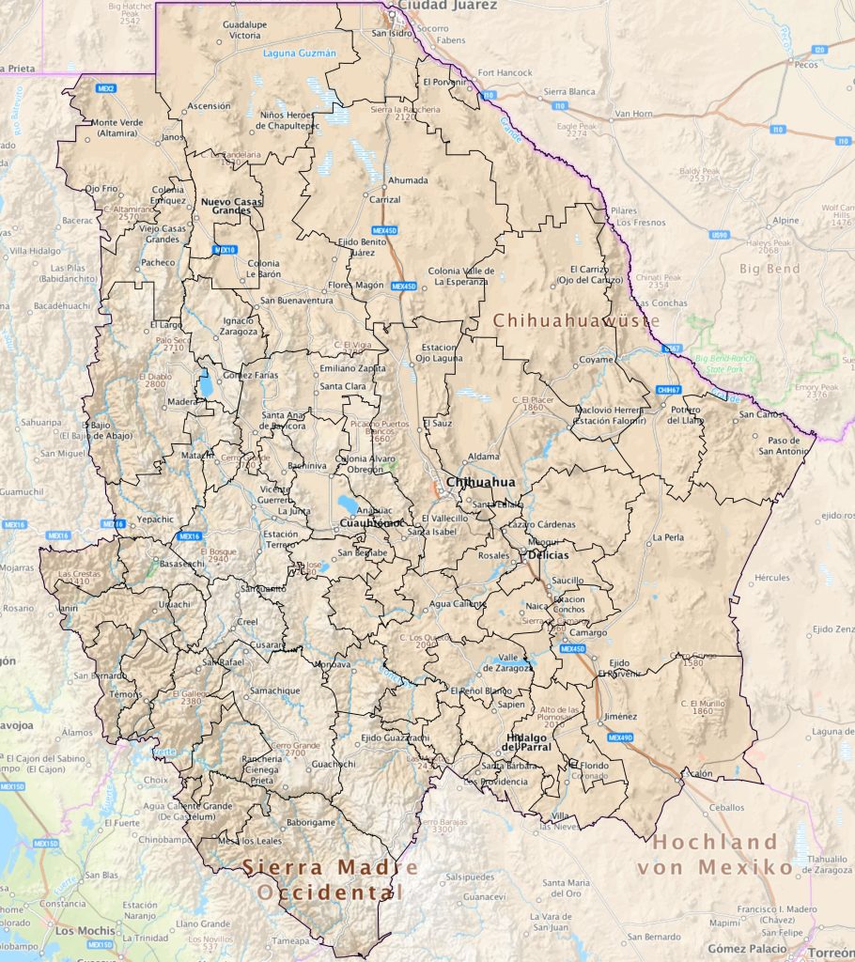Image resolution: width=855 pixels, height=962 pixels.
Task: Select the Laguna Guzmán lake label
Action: tap(299, 54)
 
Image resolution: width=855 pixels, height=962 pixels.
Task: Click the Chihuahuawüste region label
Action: tap(576, 321)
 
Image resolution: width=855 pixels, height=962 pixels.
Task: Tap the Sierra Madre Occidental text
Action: tap(323, 879)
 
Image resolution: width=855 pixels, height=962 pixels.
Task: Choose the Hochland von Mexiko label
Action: tap(716, 854)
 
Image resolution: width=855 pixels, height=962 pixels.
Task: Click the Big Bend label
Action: tap(769, 269)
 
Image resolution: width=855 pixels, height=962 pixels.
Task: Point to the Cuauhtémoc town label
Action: tap(371, 522)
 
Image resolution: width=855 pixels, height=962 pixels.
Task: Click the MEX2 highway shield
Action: tap(106, 88)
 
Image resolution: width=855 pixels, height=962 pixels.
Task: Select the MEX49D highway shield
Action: tap(620, 737)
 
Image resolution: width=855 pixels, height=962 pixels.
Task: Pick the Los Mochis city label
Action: tap(79, 931)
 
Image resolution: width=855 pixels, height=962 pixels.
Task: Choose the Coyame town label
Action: tap(596, 359)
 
